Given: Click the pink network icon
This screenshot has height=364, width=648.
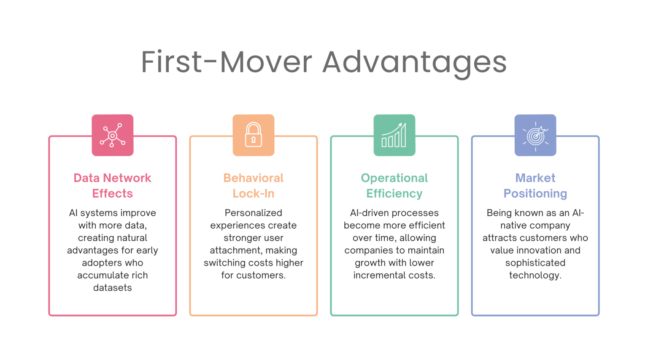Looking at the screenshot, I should (x=113, y=135).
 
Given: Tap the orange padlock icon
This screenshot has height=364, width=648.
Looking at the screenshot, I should (x=254, y=135).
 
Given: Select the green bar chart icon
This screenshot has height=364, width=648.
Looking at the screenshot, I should (x=394, y=135).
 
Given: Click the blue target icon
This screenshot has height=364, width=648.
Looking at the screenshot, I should (x=535, y=135).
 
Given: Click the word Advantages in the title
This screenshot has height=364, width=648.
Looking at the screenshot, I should (x=414, y=62).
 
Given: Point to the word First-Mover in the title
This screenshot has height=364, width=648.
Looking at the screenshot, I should (x=227, y=62).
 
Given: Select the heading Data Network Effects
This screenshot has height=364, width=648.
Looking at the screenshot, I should (x=113, y=185).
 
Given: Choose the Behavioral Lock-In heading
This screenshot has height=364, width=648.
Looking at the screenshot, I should (x=254, y=185).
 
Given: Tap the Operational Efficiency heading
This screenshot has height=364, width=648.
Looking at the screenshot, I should (x=394, y=185).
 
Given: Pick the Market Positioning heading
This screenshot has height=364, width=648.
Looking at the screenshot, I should (x=535, y=185).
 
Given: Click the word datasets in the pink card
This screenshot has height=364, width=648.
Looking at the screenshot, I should (x=113, y=288).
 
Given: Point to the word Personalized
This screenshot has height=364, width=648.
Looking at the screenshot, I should (x=254, y=213).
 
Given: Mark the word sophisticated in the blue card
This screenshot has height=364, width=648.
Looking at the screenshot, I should (x=535, y=263).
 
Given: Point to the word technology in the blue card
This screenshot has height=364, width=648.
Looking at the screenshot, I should (x=535, y=276).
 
